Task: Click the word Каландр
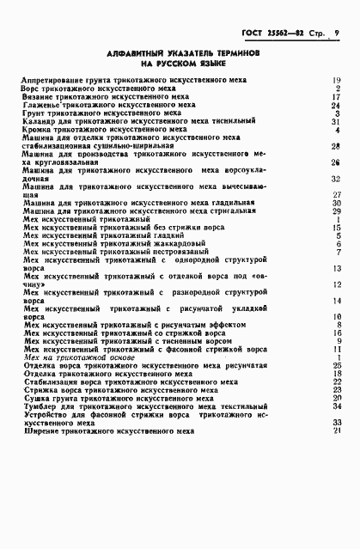click(x=40, y=122)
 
